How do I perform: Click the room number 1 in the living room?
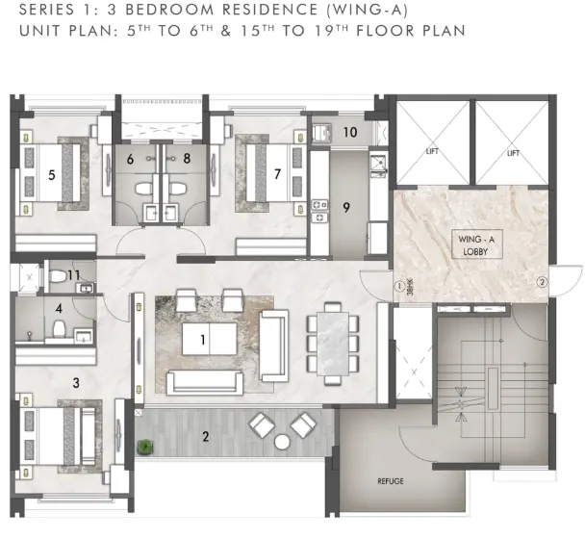pyautogui.click(x=203, y=340)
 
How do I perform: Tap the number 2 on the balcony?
pyautogui.click(x=205, y=436)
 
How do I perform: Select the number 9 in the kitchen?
pyautogui.click(x=346, y=208)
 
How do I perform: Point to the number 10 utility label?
pyautogui.click(x=350, y=132)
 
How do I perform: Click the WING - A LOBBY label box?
pyautogui.click(x=476, y=244)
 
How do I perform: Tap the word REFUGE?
pyautogui.click(x=391, y=481)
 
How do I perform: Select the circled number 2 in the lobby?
pyautogui.click(x=542, y=283)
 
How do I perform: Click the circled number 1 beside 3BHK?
pyautogui.click(x=399, y=287)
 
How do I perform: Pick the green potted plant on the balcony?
pyautogui.click(x=144, y=448)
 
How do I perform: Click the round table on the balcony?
pyautogui.click(x=282, y=442)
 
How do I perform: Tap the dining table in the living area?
pyautogui.click(x=333, y=344)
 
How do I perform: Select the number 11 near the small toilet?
pyautogui.click(x=73, y=275)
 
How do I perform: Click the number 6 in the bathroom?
pyautogui.click(x=130, y=160)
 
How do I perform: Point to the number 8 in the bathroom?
pyautogui.click(x=187, y=158)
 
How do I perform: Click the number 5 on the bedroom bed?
pyautogui.click(x=52, y=174)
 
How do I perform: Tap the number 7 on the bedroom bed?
pyautogui.click(x=277, y=174)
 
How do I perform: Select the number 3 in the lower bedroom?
pyautogui.click(x=76, y=383)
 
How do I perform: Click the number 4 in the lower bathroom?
pyautogui.click(x=59, y=309)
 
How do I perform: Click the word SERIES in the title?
pyautogui.click(x=47, y=10)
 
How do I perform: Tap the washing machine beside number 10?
pyautogui.click(x=321, y=133)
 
